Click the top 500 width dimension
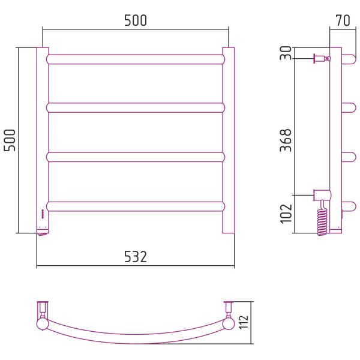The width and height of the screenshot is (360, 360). (x=136, y=20)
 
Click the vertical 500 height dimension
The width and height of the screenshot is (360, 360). (x=10, y=140)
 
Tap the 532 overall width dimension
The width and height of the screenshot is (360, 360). (x=136, y=257)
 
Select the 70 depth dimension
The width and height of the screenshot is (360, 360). (x=343, y=20)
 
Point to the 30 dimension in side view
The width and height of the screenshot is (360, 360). (x=286, y=53)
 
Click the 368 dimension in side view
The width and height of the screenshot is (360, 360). (x=286, y=140)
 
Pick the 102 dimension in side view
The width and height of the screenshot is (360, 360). (x=286, y=214)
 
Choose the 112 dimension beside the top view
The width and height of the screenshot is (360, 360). (x=244, y=322)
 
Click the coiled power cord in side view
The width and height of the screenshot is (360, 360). (x=322, y=220)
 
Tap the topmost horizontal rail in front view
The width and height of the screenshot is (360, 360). (x=136, y=59)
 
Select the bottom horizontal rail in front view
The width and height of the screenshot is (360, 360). (x=136, y=206)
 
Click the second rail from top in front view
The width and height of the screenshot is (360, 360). (x=136, y=107)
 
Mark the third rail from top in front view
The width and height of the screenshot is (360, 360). (x=136, y=157)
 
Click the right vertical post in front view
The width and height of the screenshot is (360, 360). (x=229, y=140)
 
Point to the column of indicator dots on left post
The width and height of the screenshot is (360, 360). (x=43, y=214)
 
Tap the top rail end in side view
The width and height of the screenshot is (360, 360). (x=349, y=59)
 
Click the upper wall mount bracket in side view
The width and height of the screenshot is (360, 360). (x=322, y=59)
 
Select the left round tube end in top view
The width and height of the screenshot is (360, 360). (x=43, y=324)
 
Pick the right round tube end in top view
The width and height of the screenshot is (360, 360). (x=229, y=324)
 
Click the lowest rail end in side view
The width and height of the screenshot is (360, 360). (x=349, y=206)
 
